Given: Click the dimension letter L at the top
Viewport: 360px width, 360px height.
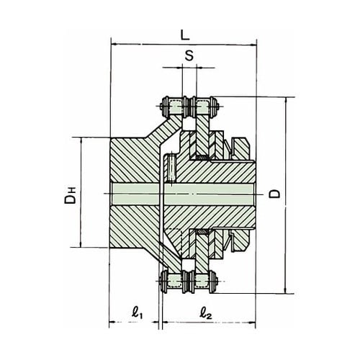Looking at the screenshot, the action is click(x=185, y=36).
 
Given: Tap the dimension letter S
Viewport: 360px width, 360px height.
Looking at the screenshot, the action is click(x=189, y=55).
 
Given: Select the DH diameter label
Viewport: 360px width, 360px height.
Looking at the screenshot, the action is click(x=70, y=194).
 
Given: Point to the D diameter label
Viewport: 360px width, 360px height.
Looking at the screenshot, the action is click(x=274, y=194).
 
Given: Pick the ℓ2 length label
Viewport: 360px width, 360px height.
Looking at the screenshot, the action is click(x=206, y=313).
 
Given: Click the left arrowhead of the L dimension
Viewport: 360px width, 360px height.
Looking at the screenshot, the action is click(x=114, y=44).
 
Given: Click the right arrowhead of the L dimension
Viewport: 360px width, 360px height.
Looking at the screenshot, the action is click(x=253, y=45).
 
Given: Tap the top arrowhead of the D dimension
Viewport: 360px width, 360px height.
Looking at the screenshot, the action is click(x=286, y=101).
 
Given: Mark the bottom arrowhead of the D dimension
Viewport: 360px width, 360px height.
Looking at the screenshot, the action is click(x=286, y=290).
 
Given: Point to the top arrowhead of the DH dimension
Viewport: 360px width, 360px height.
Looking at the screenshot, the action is click(x=81, y=141).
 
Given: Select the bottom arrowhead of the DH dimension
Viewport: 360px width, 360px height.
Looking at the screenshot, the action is click(x=81, y=244).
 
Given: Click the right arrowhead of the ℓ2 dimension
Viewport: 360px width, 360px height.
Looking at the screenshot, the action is click(x=253, y=322).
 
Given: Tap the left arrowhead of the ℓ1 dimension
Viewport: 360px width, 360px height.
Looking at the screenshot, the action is click(x=112, y=322).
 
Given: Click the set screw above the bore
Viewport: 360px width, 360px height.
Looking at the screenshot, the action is click(x=171, y=168).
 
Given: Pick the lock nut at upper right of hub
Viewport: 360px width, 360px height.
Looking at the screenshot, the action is click(x=240, y=148).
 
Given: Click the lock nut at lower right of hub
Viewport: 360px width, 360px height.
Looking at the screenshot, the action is click(x=240, y=240).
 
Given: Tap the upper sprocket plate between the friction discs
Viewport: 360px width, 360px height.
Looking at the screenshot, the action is click(x=202, y=135).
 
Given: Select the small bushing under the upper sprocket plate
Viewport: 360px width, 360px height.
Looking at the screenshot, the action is click(x=202, y=157).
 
